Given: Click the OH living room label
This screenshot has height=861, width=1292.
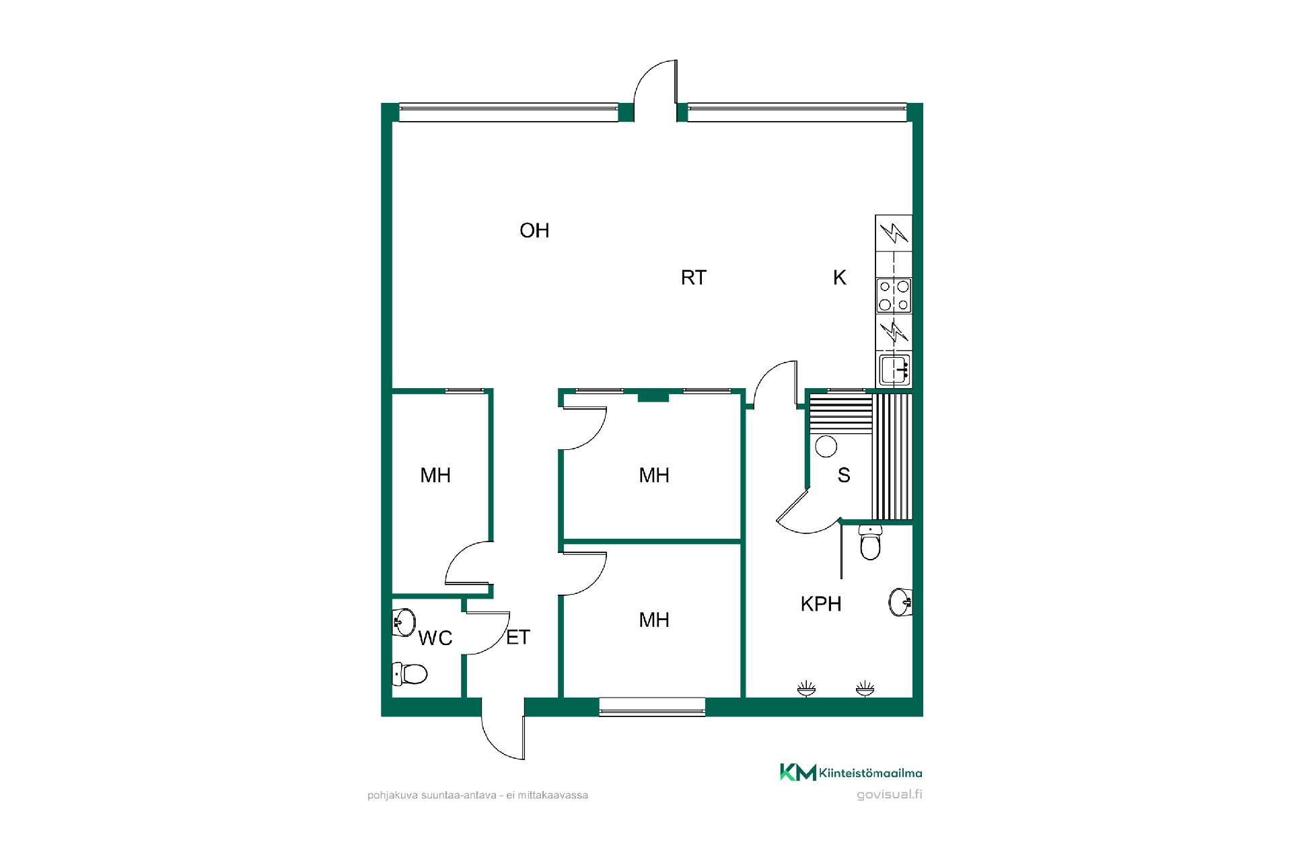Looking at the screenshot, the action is (x=534, y=231).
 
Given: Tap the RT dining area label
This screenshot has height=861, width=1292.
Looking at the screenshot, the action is (x=693, y=278).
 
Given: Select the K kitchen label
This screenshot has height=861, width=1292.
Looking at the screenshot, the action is (x=839, y=278).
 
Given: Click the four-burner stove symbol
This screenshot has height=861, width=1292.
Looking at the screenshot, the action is (x=894, y=296).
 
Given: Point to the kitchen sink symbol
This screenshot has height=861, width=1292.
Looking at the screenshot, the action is (x=895, y=369).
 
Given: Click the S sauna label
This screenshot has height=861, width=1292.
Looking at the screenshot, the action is (x=844, y=476).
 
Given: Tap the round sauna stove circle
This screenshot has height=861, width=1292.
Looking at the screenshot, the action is (x=826, y=446).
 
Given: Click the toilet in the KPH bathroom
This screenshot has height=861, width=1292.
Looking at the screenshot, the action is (x=870, y=542).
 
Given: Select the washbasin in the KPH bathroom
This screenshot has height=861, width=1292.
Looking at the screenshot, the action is (x=901, y=602).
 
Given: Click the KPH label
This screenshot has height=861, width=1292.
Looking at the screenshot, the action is (x=821, y=604).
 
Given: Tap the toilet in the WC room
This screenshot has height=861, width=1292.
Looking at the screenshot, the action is (x=410, y=673).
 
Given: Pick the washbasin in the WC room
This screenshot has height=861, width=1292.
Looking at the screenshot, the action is (x=404, y=622).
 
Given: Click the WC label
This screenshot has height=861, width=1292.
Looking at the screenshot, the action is (x=435, y=638).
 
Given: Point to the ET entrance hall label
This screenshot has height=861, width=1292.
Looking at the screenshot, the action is (x=518, y=637).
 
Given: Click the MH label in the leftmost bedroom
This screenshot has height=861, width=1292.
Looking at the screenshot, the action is (x=435, y=476).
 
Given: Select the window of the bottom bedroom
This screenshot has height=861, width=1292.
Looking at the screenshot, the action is (x=652, y=707).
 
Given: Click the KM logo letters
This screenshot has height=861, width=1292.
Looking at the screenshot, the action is (x=798, y=772).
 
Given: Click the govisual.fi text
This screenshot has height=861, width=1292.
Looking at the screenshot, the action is (x=889, y=794).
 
